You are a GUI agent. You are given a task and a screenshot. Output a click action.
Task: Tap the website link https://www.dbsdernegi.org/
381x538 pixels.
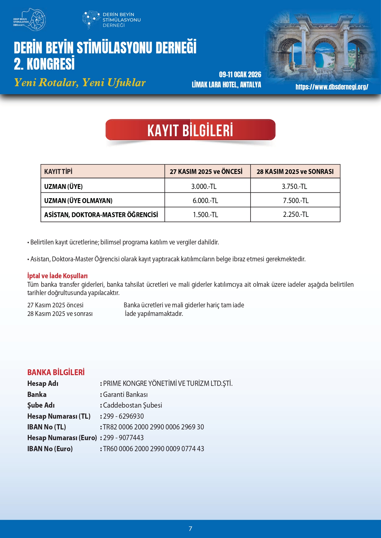point(332,87)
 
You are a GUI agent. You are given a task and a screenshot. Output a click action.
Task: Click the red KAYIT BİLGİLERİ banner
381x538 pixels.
point(190,130)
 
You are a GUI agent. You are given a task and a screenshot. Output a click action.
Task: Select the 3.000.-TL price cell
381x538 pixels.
point(204,186)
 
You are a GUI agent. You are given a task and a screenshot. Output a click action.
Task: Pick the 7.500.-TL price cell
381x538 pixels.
point(295,200)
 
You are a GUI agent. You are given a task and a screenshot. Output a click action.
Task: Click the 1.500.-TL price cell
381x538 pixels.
point(205,215)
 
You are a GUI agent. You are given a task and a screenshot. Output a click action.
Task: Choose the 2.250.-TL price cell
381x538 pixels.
point(295,214)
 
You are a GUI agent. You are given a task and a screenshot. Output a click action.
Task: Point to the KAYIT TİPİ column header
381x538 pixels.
point(58,171)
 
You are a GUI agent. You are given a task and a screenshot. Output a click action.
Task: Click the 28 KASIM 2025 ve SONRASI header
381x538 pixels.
point(295,171)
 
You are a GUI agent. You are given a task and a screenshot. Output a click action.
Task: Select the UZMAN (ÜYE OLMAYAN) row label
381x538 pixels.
point(78,201)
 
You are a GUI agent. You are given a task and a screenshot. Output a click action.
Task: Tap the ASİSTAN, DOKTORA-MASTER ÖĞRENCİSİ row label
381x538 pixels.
point(101,215)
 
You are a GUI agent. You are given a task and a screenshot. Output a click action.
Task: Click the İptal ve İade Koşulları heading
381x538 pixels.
point(57,276)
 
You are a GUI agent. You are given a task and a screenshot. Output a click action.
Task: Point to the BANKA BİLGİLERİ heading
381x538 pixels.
point(56,372)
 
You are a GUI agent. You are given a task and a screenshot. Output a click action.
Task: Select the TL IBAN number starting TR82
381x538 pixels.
point(153,427)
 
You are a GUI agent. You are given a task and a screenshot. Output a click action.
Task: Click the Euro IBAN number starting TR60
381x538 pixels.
point(153,449)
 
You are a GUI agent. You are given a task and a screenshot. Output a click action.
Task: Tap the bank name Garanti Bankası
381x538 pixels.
point(125,394)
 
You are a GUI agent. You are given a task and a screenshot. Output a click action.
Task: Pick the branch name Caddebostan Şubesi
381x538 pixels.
point(132,405)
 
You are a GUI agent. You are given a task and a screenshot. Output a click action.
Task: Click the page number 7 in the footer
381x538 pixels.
point(190,529)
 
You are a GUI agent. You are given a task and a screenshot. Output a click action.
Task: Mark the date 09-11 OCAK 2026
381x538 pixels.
point(240,75)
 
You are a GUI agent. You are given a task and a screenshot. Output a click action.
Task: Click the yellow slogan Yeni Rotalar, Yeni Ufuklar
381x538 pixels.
point(80,83)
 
